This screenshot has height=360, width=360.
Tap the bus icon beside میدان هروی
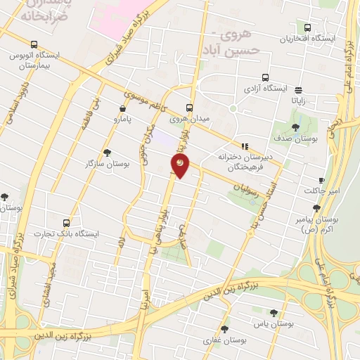pyautogui.click(x=188, y=108)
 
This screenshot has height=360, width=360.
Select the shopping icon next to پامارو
pyautogui.click(x=124, y=108)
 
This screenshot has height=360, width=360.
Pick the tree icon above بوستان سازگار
pyautogui.click(x=107, y=152)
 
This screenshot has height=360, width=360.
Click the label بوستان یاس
pyautogui.click(x=273, y=324)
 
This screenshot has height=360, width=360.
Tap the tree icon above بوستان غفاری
pyautogui.click(x=225, y=328)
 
